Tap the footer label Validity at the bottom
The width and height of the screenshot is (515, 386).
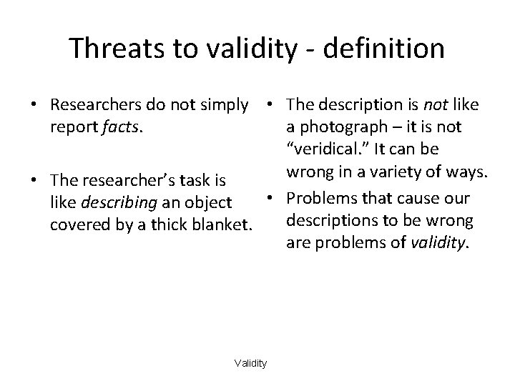[x=250, y=364]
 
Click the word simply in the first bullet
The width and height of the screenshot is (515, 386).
[x=231, y=106]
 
